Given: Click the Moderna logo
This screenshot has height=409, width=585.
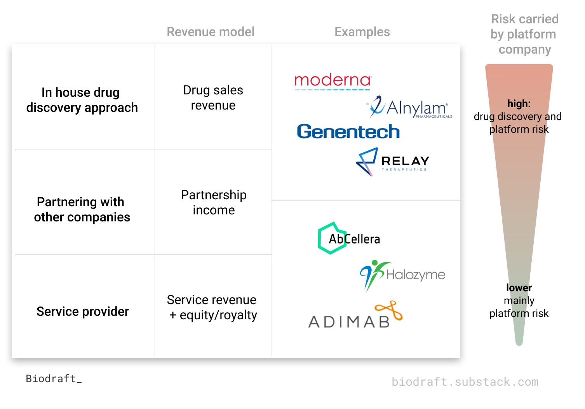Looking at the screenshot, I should [x=333, y=81].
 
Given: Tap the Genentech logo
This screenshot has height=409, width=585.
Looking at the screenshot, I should [x=348, y=132].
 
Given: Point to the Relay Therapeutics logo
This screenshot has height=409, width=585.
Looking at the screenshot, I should [x=393, y=162].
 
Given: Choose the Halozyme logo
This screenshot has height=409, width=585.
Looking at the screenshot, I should [x=402, y=275].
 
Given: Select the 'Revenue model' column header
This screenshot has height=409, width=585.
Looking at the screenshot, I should [x=211, y=32].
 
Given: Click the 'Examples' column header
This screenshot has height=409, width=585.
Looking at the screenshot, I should [x=362, y=32].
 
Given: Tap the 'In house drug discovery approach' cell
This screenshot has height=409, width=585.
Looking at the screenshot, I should [x=82, y=100].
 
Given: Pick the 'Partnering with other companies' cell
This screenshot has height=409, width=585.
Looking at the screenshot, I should [x=82, y=209].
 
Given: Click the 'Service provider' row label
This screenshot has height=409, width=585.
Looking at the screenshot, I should [x=83, y=312].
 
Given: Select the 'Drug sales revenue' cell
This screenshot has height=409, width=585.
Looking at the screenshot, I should [x=213, y=97].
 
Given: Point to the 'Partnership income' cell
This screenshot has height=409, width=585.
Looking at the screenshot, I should [x=214, y=202].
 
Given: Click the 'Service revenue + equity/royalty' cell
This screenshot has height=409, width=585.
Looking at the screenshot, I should [x=212, y=307].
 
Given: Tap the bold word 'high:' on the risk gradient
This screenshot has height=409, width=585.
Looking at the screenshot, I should [x=519, y=104].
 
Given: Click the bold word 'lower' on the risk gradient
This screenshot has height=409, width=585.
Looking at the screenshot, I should [x=519, y=288].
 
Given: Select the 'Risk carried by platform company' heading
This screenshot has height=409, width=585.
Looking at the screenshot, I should [x=524, y=34].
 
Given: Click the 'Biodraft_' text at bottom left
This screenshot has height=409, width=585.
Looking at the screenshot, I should [x=54, y=379].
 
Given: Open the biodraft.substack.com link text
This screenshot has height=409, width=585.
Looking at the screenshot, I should [x=465, y=382].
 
